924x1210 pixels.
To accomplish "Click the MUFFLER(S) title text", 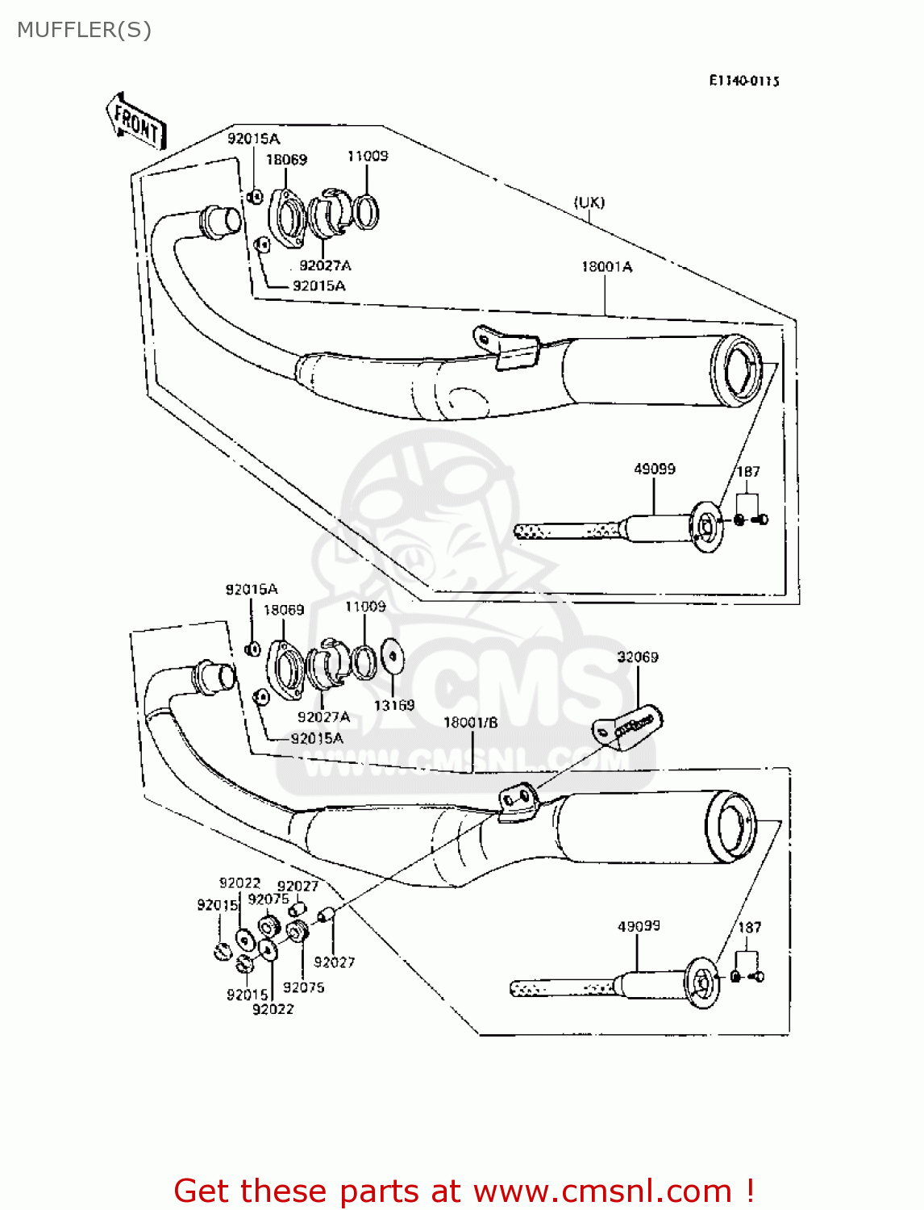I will tap(84, 30).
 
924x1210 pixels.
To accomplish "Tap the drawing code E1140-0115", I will tap(743, 81).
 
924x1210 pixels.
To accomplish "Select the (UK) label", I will tap(589, 202).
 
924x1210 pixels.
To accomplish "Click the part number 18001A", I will tap(606, 267).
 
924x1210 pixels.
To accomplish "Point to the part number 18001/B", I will tap(470, 723).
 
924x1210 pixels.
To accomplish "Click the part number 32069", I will tap(637, 657).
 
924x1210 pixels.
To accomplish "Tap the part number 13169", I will tap(393, 705).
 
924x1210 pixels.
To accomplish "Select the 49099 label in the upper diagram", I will tap(654, 469).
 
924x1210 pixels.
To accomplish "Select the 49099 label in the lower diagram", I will tap(639, 926).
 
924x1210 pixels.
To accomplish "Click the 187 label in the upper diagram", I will tap(748, 471).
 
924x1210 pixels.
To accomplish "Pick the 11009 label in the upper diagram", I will tap(367, 156).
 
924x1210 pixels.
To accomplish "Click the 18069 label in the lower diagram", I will tap(284, 610).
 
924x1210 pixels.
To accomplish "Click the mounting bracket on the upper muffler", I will tap(506, 346).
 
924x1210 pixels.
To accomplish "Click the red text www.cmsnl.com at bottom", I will tap(601, 1191).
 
